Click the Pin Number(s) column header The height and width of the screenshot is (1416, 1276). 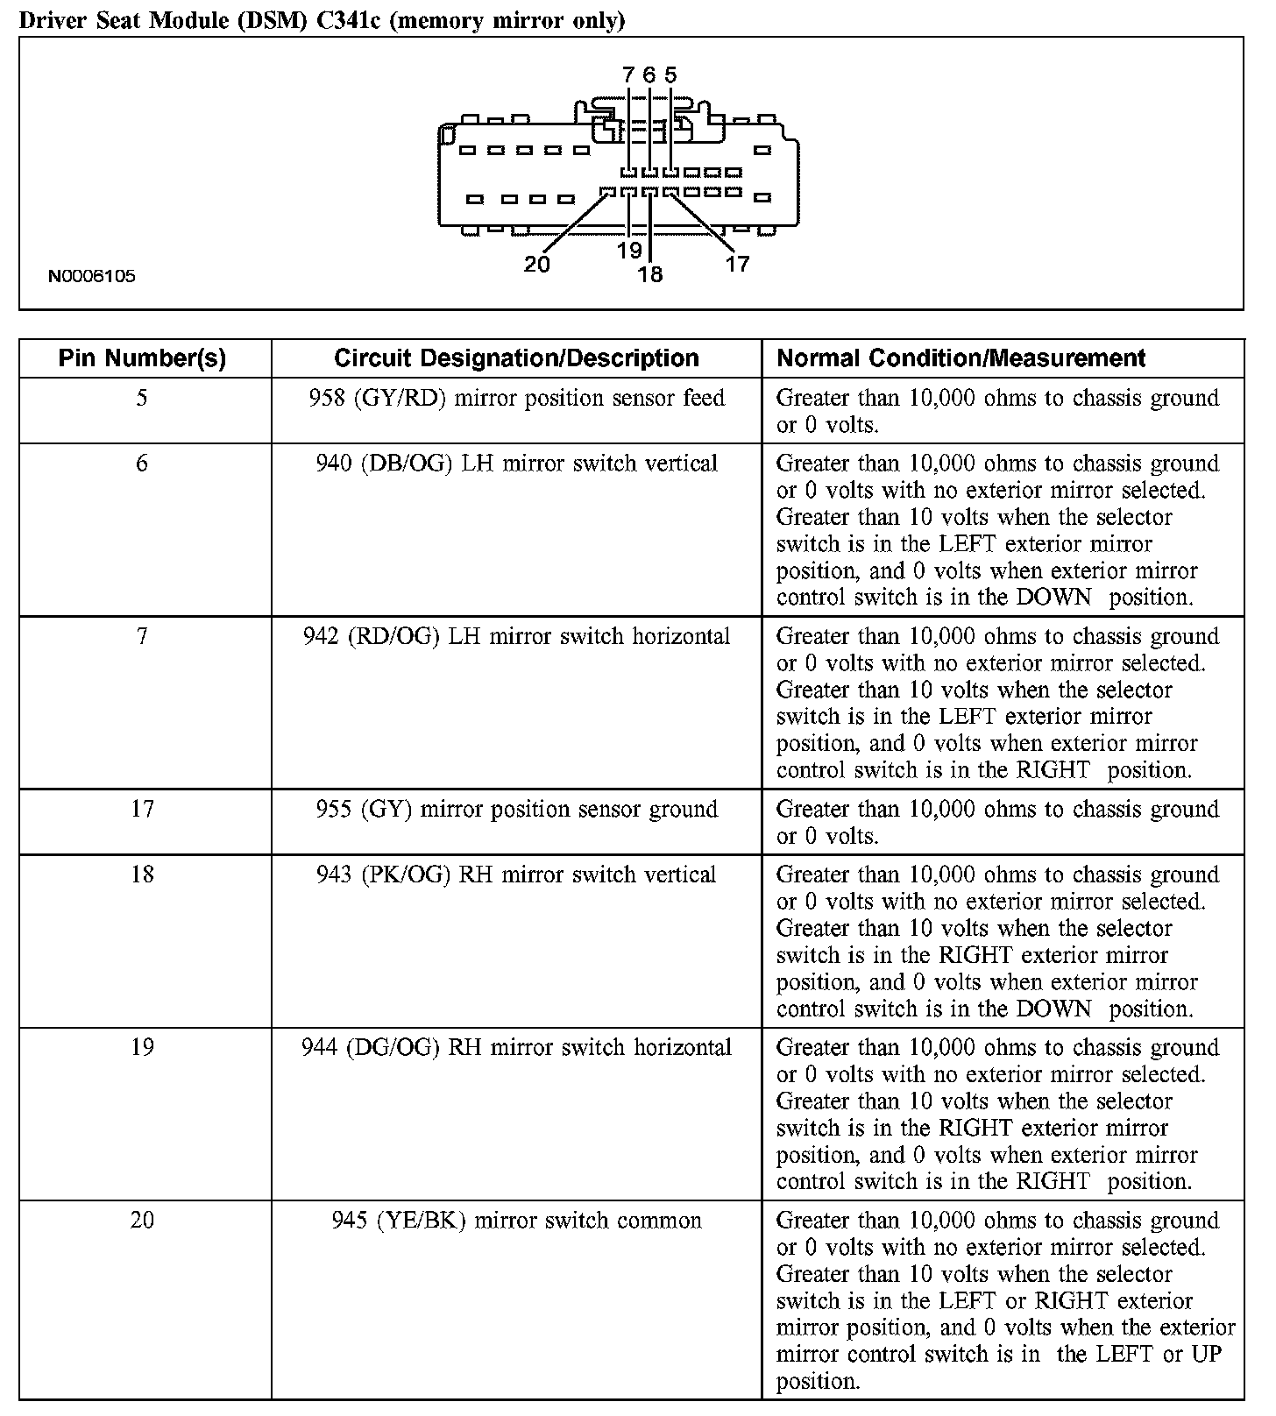point(142,358)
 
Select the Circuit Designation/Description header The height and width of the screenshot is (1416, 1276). point(516,358)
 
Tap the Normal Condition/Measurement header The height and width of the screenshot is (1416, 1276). point(961,358)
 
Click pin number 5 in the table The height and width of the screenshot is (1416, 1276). point(142,399)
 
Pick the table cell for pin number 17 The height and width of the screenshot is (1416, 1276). point(142,809)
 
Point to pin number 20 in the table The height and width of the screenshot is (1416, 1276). point(142,1221)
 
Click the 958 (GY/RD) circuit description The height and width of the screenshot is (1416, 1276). point(516,399)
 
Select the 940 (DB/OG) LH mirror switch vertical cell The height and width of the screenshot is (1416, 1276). point(516,464)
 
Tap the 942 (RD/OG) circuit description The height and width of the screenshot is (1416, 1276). point(516,636)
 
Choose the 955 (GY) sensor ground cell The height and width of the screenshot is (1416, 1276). point(516,809)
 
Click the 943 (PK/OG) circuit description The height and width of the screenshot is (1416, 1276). point(516,874)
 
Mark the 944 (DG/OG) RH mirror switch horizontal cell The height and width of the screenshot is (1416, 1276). point(516,1048)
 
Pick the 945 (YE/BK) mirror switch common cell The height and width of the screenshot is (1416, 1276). point(516,1221)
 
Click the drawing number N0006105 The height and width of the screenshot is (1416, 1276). point(92,277)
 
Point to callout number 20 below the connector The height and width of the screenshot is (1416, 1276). point(536,264)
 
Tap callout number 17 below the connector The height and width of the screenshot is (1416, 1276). point(738,264)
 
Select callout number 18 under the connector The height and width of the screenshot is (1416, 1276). point(650,275)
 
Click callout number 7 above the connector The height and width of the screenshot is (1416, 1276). point(628,75)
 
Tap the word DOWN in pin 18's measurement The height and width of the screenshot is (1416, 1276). point(1053,1009)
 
